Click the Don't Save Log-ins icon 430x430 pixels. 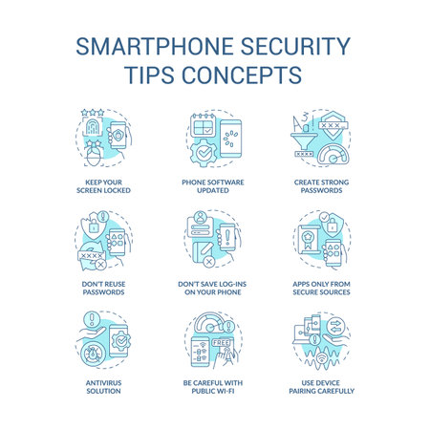coord(215,244)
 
